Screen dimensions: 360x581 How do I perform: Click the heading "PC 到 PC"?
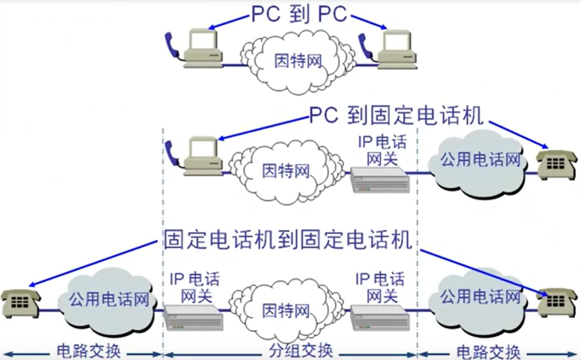(x=299, y=14)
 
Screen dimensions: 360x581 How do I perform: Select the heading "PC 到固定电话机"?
(x=396, y=116)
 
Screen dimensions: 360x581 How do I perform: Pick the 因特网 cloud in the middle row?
(x=285, y=171)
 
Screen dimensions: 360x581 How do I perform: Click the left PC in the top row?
(x=203, y=48)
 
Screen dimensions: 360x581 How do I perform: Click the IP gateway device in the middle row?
(x=380, y=180)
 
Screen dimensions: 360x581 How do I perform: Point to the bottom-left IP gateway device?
(x=193, y=317)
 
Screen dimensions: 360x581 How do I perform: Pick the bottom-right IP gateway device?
(x=380, y=317)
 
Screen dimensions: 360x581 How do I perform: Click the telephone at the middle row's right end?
(x=556, y=164)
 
